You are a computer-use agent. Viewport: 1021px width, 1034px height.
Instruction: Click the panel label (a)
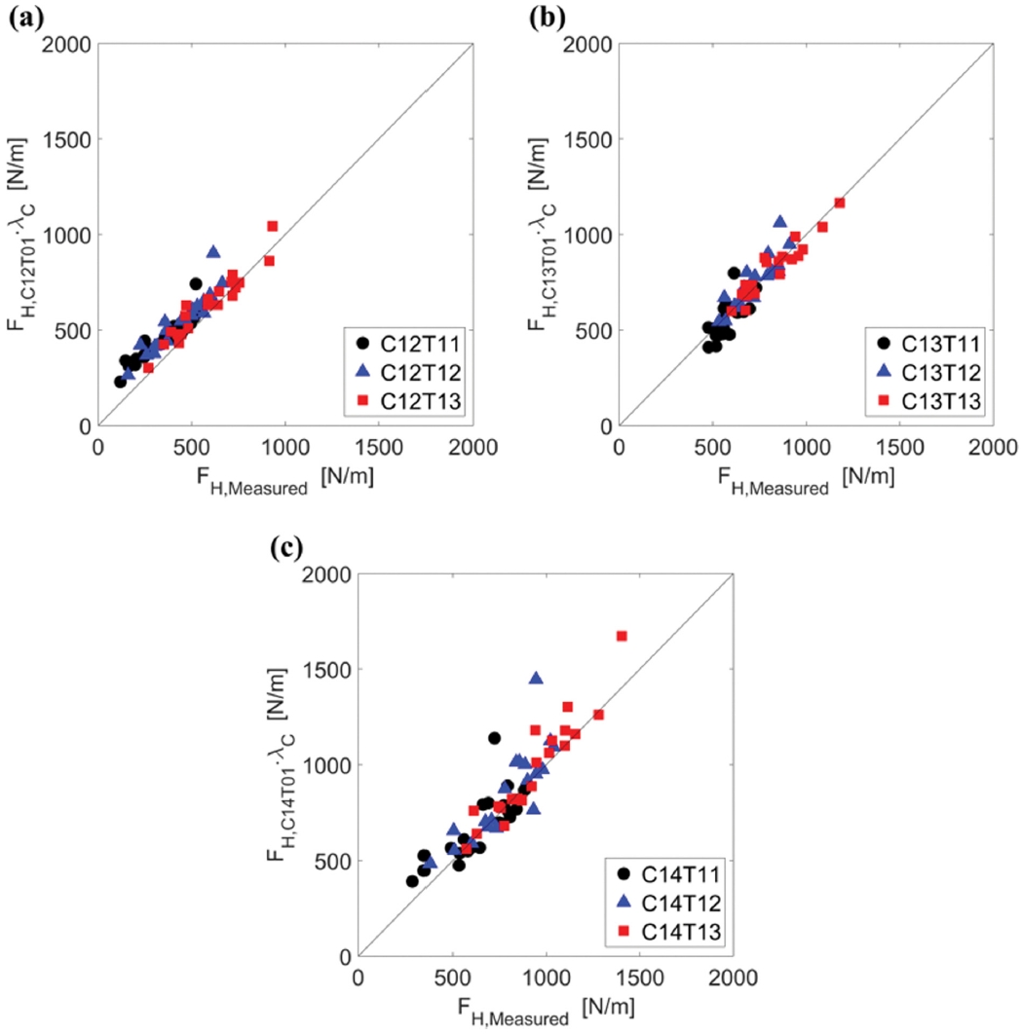click(x=26, y=16)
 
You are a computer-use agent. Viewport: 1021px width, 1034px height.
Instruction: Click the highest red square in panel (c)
click(x=622, y=636)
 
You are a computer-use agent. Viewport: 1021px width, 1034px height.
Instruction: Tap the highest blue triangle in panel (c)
click(x=536, y=678)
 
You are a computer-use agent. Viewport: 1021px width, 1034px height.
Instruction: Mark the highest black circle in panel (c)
click(x=494, y=738)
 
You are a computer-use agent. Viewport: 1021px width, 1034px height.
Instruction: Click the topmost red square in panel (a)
click(x=273, y=226)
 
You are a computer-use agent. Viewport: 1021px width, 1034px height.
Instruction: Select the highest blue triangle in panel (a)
click(x=213, y=251)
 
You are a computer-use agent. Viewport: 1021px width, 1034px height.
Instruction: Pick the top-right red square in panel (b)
click(x=840, y=203)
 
